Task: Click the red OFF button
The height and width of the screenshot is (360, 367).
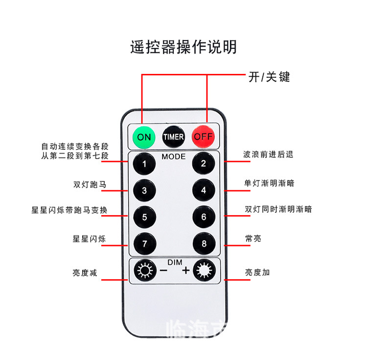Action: click(203, 136)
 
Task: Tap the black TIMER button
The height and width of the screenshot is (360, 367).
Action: click(174, 137)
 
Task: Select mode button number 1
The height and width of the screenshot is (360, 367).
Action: click(144, 164)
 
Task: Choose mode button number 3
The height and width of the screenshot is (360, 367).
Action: click(144, 190)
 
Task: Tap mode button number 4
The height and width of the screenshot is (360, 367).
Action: click(204, 190)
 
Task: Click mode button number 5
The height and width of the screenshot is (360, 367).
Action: click(144, 217)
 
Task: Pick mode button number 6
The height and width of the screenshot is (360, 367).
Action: click(204, 217)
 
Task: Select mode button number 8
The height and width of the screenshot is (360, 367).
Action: click(204, 243)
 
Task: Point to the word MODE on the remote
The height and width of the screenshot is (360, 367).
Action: click(174, 157)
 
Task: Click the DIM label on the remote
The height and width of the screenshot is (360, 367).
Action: click(174, 262)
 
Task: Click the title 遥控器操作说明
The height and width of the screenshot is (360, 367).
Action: click(183, 47)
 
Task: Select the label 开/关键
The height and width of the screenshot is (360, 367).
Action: click(269, 77)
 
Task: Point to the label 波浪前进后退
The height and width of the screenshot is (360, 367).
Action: click(268, 154)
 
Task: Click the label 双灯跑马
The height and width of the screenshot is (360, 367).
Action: click(90, 185)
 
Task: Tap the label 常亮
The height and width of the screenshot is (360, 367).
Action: click(253, 238)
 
